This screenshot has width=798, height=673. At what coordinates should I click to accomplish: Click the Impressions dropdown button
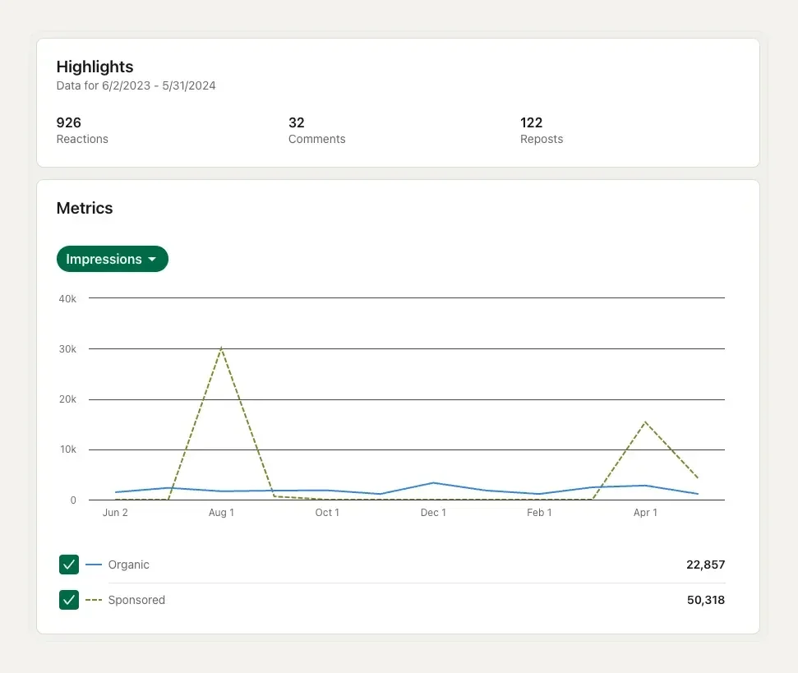coord(112,259)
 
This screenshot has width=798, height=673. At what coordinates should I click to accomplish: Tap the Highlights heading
coord(95,67)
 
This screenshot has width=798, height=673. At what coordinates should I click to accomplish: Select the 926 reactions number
coord(68,122)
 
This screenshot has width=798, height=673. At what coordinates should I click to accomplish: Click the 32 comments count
coord(297,122)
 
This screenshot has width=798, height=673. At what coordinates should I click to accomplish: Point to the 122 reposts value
coord(531,122)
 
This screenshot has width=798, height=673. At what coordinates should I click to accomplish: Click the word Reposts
coord(542,139)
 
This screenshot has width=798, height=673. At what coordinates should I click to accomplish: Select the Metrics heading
coord(85,208)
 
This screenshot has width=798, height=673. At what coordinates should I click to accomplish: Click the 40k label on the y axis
coord(67,298)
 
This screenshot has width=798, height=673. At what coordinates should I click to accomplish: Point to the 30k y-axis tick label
coord(67,348)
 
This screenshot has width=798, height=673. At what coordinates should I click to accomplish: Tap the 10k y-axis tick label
coord(67,449)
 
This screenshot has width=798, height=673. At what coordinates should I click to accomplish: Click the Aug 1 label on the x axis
coord(221,513)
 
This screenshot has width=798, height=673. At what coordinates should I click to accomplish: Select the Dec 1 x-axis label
coord(433,513)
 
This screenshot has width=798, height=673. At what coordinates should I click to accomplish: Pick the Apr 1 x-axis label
coord(645,513)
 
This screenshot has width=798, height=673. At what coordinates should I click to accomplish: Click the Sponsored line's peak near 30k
coord(221,348)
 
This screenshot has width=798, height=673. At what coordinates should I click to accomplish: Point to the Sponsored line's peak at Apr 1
coord(645,422)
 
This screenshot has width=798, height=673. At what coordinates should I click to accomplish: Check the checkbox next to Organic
coord(69,565)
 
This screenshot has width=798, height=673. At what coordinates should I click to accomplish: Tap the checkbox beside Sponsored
coord(69,600)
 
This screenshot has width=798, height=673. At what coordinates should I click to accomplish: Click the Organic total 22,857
coord(705,565)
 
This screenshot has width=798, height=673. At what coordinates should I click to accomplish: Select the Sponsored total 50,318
coord(705,600)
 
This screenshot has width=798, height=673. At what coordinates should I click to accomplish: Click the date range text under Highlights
coord(136,85)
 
